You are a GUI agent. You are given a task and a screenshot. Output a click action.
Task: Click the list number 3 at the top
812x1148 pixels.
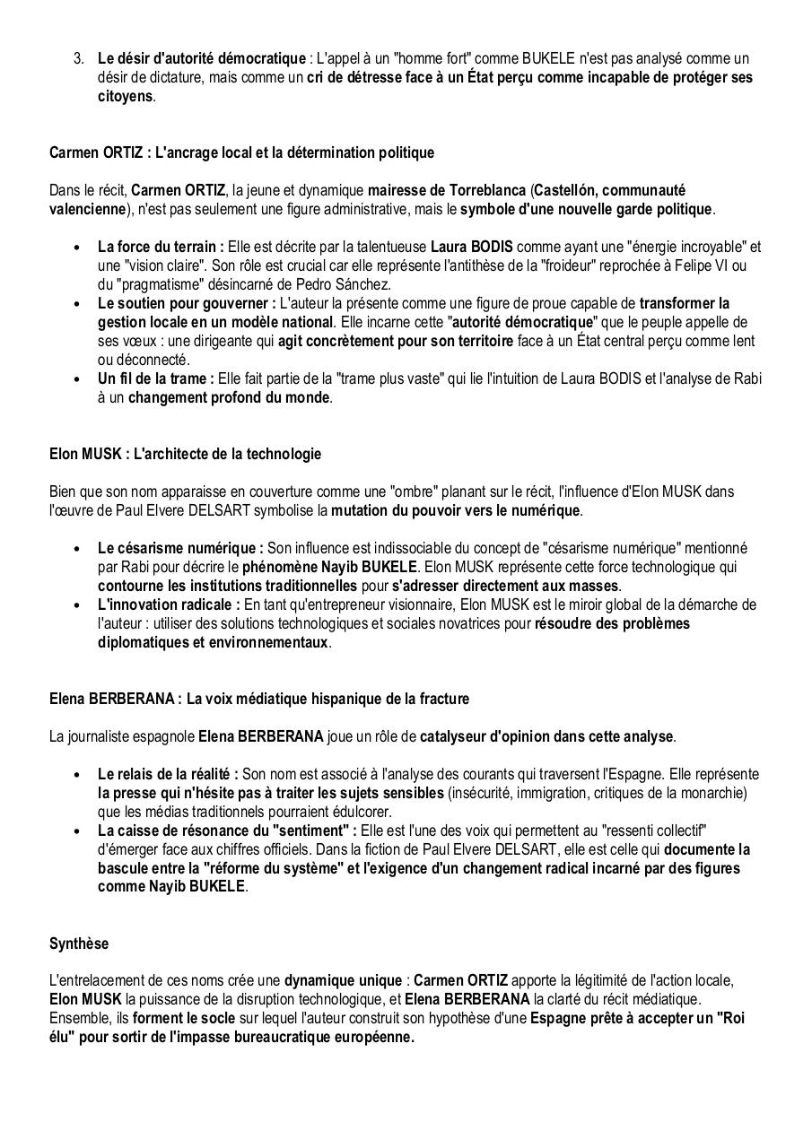(x=78, y=58)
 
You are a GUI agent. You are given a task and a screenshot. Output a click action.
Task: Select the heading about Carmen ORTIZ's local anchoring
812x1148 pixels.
(x=241, y=152)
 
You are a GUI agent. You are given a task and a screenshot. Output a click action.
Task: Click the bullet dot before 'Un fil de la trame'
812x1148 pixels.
(x=78, y=379)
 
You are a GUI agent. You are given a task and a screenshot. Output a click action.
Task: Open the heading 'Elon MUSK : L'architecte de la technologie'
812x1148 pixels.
(x=185, y=454)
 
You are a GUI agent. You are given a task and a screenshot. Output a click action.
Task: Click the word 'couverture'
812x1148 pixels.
(x=302, y=491)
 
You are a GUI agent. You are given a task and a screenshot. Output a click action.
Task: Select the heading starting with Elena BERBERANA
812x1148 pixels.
(x=258, y=699)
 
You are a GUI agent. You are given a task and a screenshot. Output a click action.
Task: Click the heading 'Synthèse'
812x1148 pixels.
(x=79, y=944)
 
